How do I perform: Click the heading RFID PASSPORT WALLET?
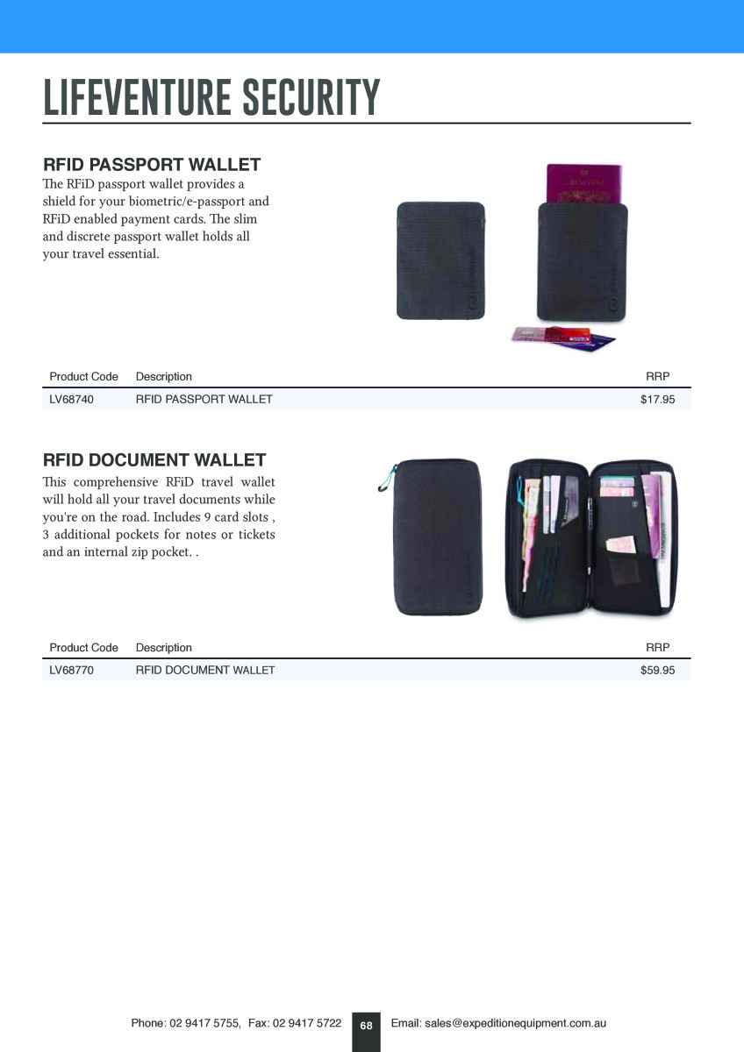pyautogui.click(x=152, y=165)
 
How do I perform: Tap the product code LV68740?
pyautogui.click(x=72, y=400)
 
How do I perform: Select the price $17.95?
pyautogui.click(x=657, y=400)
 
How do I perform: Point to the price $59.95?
pyautogui.click(x=657, y=671)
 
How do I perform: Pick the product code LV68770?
pyautogui.click(x=72, y=671)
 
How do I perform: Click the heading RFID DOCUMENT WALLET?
pyautogui.click(x=154, y=460)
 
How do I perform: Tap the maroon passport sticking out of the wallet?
pyautogui.click(x=583, y=183)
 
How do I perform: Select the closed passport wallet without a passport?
pyautogui.click(x=440, y=260)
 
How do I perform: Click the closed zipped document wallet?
pyautogui.click(x=436, y=538)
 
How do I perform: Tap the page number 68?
pyautogui.click(x=366, y=1026)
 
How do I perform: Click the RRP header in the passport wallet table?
pyautogui.click(x=657, y=377)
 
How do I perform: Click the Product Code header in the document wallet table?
pyautogui.click(x=83, y=648)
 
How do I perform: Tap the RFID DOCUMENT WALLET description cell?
pyautogui.click(x=204, y=671)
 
